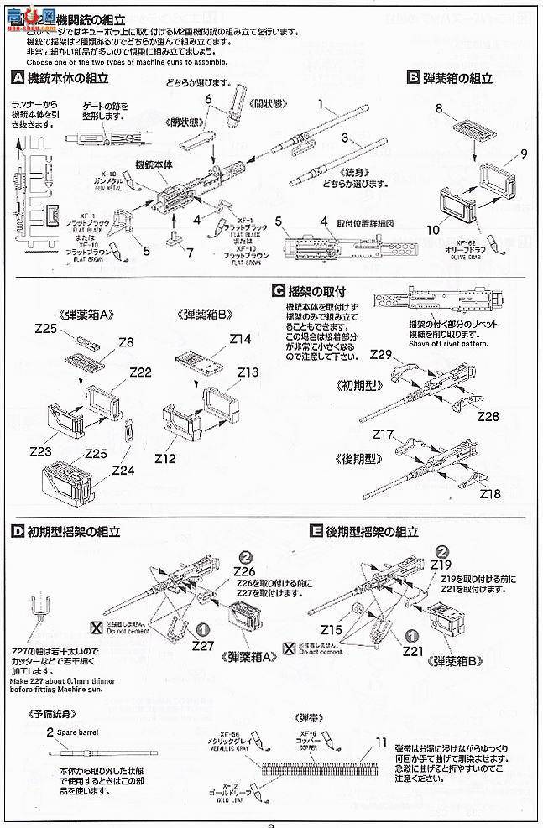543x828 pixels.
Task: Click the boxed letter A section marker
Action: pyautogui.click(x=18, y=78)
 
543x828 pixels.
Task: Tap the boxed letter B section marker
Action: pyautogui.click(x=413, y=78)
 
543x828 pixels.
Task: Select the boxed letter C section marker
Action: pyautogui.click(x=278, y=292)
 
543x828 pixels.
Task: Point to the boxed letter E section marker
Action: pyautogui.click(x=316, y=531)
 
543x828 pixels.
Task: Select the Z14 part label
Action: pyautogui.click(x=240, y=340)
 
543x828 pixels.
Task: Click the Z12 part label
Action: pyautogui.click(x=164, y=459)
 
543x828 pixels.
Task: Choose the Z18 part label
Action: pyautogui.click(x=490, y=494)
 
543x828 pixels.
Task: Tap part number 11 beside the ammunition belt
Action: pyautogui.click(x=383, y=742)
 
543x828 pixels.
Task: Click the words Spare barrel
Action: pyautogui.click(x=80, y=732)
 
